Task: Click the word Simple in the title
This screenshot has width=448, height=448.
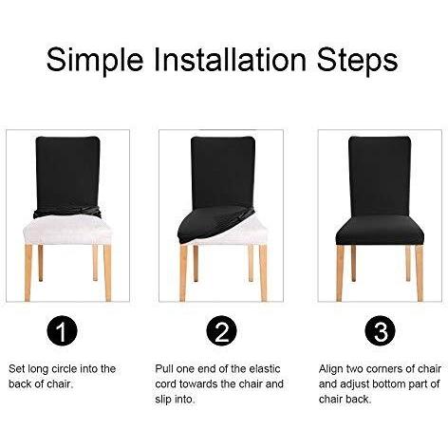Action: (x=95, y=60)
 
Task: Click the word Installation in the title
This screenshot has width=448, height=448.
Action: (x=230, y=59)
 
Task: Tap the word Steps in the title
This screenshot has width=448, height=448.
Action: (x=357, y=60)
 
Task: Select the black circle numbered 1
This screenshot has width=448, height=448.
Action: (x=62, y=331)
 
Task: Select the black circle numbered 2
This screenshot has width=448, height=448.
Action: (x=221, y=331)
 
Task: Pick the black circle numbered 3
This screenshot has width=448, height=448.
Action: (x=380, y=331)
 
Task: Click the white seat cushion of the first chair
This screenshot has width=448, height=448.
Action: (x=67, y=231)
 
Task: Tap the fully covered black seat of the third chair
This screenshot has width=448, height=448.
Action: (x=380, y=230)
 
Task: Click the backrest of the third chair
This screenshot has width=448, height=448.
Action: (x=380, y=176)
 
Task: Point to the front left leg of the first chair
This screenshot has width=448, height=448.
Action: (x=28, y=272)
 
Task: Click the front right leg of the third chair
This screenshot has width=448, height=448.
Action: (x=420, y=272)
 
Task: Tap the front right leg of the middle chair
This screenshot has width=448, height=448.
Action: (x=263, y=272)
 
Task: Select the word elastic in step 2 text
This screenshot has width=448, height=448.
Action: (x=265, y=368)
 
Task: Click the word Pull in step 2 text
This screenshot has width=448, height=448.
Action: (x=164, y=368)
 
